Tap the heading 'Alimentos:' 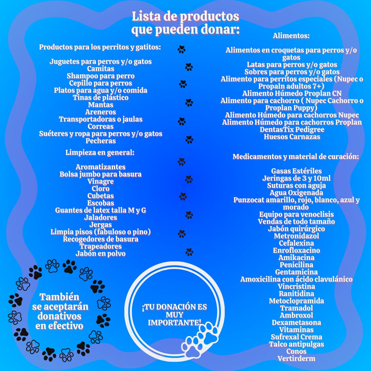pos(291,36)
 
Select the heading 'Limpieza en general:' pos(100,152)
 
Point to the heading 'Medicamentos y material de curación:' pos(296,157)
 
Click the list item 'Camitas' pos(101,69)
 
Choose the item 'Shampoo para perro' pos(101,76)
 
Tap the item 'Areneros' pos(101,112)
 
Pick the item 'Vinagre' pos(101,181)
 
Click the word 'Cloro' pos(101,189)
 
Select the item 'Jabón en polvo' pos(101,254)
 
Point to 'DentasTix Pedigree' pos(292,130)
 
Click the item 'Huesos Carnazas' pos(292,137)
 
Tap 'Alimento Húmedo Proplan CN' pos(292,93)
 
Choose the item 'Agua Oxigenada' pos(296,193)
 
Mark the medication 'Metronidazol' pos(296,236)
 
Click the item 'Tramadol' pos(296,308)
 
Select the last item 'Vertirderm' pos(296,358)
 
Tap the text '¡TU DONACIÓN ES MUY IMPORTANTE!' pos(175,315)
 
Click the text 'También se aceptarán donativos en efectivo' pos(60,311)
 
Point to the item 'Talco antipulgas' pos(296,344)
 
